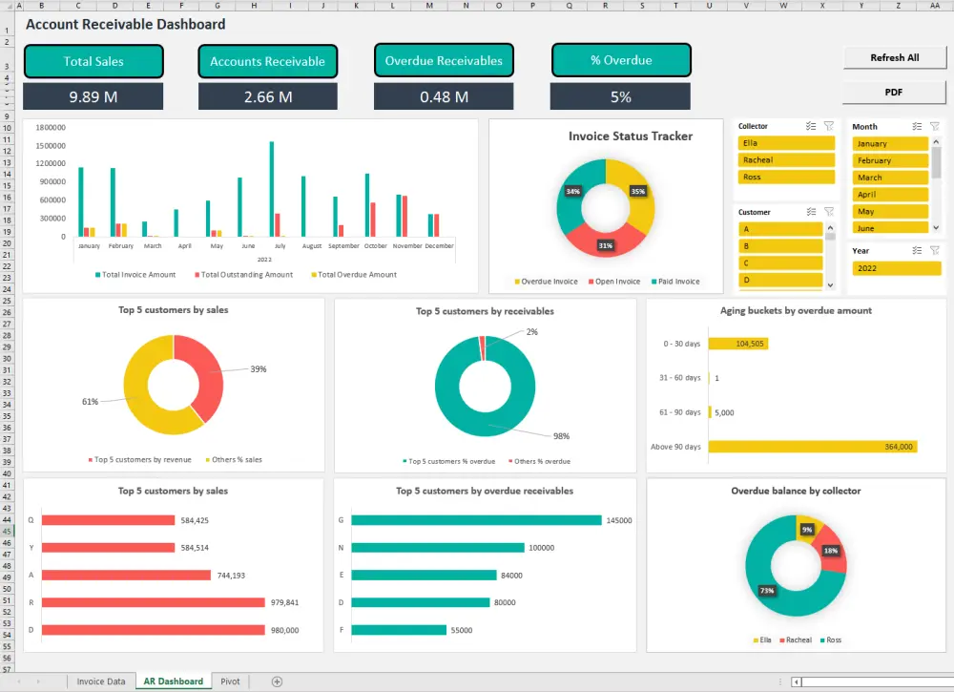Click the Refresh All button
point(894,58)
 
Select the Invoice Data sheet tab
point(100,682)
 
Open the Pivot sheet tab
point(230,682)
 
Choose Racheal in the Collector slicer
point(785,160)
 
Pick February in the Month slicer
point(889,160)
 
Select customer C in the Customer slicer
point(779,263)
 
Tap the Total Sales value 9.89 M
point(93,96)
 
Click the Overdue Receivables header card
point(444,61)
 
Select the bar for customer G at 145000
point(476,520)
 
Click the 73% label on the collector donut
point(767,591)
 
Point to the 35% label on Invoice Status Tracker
point(637,191)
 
